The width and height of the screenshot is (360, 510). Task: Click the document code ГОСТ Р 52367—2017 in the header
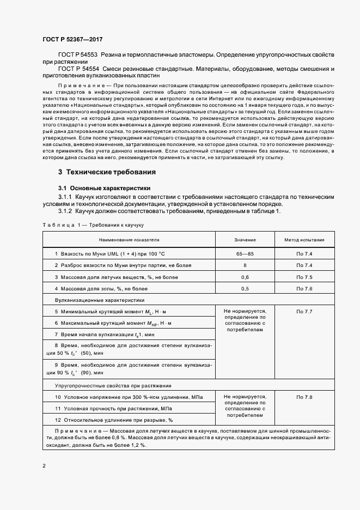click(x=72, y=39)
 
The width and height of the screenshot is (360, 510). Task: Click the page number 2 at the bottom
click(x=44, y=466)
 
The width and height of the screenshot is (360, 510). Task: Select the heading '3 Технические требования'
click(x=107, y=172)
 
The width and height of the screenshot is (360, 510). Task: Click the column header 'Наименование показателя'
click(x=129, y=239)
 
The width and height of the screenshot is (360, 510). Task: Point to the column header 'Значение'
click(x=245, y=239)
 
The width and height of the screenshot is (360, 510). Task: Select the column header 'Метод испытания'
click(x=304, y=239)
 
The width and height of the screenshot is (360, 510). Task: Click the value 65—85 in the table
click(x=245, y=253)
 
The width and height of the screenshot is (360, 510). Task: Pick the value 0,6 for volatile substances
click(x=245, y=277)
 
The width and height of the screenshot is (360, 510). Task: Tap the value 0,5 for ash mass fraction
click(x=245, y=288)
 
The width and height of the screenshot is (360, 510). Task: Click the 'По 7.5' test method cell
click(x=304, y=277)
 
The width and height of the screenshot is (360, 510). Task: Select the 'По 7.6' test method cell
click(x=304, y=288)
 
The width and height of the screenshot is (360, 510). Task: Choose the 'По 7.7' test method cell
click(x=304, y=311)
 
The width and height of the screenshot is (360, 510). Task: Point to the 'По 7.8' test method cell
click(x=304, y=397)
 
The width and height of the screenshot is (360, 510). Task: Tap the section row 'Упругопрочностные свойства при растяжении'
click(x=113, y=385)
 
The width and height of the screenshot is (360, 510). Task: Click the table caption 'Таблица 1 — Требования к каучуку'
click(x=93, y=224)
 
